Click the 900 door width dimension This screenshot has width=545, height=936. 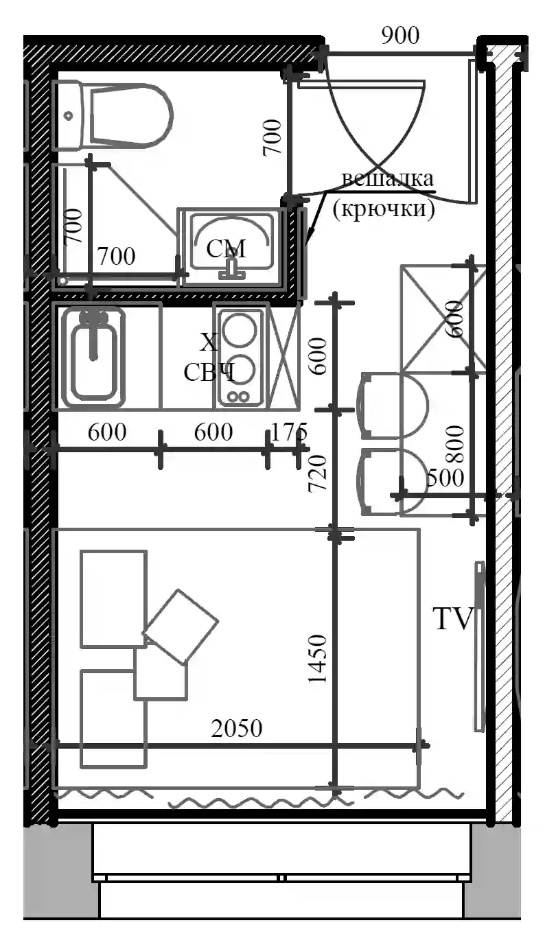coord(400,36)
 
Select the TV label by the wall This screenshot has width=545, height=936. coord(452,618)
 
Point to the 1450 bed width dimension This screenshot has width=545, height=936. coord(317,659)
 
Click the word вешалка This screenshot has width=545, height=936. coord(387,179)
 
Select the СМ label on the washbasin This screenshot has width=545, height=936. coord(226,249)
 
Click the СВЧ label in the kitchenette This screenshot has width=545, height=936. coord(209,372)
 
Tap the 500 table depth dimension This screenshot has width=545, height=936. coord(445,477)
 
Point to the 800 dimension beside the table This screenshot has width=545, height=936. coord(454,444)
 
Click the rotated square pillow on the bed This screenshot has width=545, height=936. coord(181,627)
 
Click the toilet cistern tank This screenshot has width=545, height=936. coord(68,115)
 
